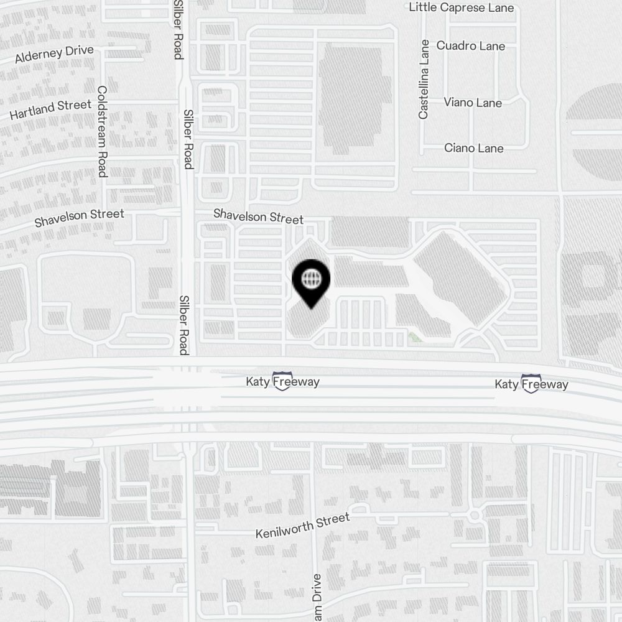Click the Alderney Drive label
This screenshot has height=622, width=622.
point(54,54)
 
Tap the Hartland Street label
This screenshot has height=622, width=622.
point(50,109)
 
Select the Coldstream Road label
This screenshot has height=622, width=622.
point(103,131)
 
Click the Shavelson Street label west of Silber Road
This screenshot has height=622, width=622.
point(79,218)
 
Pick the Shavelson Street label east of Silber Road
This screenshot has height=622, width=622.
point(258,216)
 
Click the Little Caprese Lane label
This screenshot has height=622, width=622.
point(461,7)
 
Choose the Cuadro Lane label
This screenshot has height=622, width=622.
point(470,46)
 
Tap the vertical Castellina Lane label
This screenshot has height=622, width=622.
point(424,79)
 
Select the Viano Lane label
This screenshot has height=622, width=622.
point(473,103)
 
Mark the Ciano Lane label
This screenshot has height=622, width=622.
point(473,148)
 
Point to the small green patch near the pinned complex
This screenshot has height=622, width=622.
point(415,337)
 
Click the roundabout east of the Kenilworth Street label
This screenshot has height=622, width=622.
point(475,516)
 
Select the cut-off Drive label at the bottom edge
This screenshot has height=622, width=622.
point(317,598)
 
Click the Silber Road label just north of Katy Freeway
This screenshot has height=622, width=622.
point(183,325)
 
